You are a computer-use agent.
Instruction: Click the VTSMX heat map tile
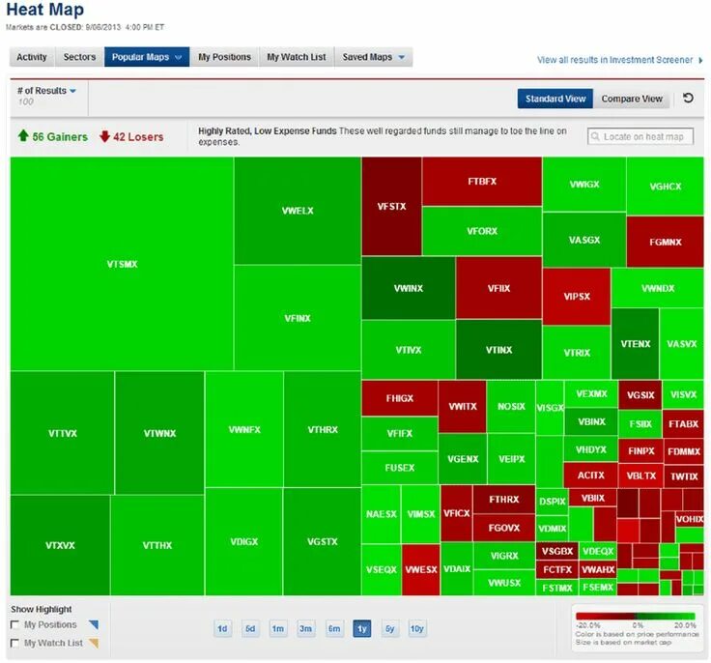point(121,263)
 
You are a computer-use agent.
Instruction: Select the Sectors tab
point(79,57)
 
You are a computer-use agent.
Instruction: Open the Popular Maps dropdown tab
point(146,57)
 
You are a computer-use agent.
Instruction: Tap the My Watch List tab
point(297,57)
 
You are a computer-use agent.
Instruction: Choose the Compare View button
point(632,99)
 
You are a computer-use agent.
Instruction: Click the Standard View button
point(555,99)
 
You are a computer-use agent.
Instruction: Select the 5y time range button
point(389,628)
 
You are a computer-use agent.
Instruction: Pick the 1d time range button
point(222,628)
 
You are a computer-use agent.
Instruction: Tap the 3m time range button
point(306,628)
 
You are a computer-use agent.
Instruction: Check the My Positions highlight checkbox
point(14,625)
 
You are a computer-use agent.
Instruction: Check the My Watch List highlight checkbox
point(14,643)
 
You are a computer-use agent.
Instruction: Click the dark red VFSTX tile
point(391,206)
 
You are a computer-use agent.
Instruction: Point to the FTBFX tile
point(481,181)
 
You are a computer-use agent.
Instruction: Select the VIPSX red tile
point(576,296)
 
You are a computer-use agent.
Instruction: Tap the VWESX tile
point(420,569)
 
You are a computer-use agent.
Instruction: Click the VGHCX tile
point(665,186)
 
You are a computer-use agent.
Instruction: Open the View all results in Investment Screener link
point(614,60)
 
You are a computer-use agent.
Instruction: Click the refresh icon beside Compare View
point(688,99)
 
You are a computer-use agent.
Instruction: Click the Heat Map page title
point(45,12)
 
